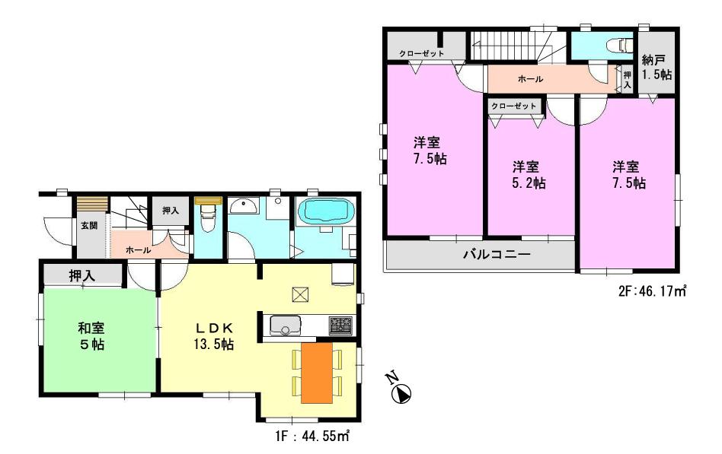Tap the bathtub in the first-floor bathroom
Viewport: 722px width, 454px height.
tap(324, 211)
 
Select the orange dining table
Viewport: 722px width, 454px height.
tap(317, 373)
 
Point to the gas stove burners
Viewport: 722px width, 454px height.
tap(340, 325)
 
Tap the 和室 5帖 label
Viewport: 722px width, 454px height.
tap(91, 335)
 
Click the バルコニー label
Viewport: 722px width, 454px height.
tap(497, 255)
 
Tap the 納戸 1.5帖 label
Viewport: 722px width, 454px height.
tap(656, 67)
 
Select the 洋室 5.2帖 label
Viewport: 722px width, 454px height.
tap(529, 174)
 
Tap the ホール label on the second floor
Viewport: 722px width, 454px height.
tap(530, 78)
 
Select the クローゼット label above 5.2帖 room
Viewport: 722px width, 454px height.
tap(514, 106)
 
